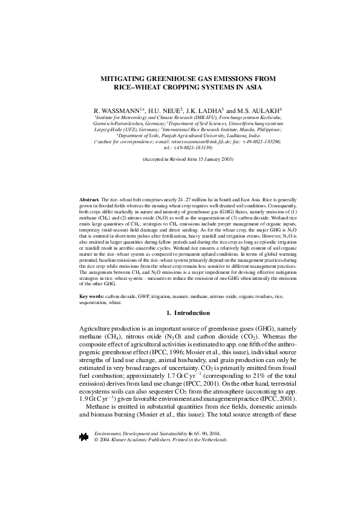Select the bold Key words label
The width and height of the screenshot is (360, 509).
click(91, 297)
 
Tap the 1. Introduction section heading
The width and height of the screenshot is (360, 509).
click(188, 313)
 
